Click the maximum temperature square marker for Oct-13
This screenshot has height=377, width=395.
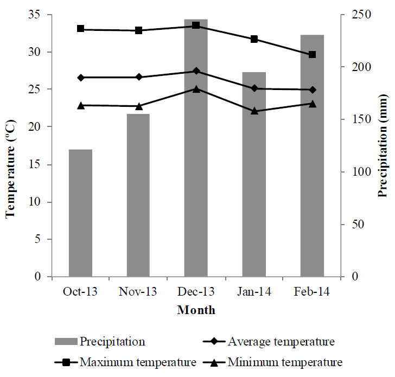(x=81, y=29)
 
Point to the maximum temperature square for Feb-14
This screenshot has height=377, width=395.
(x=312, y=55)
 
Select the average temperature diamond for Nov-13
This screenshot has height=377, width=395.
(x=139, y=77)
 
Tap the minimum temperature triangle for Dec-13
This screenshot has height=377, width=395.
(x=196, y=88)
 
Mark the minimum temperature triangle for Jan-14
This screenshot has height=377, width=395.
(x=254, y=111)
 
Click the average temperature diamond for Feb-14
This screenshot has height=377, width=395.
(x=312, y=90)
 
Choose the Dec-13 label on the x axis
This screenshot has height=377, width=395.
(x=196, y=292)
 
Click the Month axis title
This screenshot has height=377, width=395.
(x=196, y=311)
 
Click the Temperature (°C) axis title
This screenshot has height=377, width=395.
(x=10, y=146)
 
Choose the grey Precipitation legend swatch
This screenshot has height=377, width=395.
(x=66, y=342)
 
